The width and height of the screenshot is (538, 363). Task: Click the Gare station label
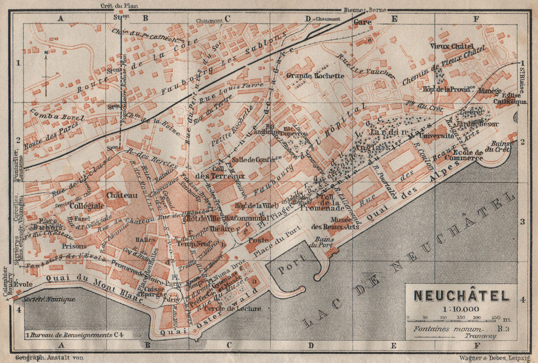[363, 23]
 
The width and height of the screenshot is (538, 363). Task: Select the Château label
[122, 195]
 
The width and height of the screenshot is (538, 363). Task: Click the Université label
[438, 137]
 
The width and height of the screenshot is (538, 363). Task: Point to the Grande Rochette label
[315, 76]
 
